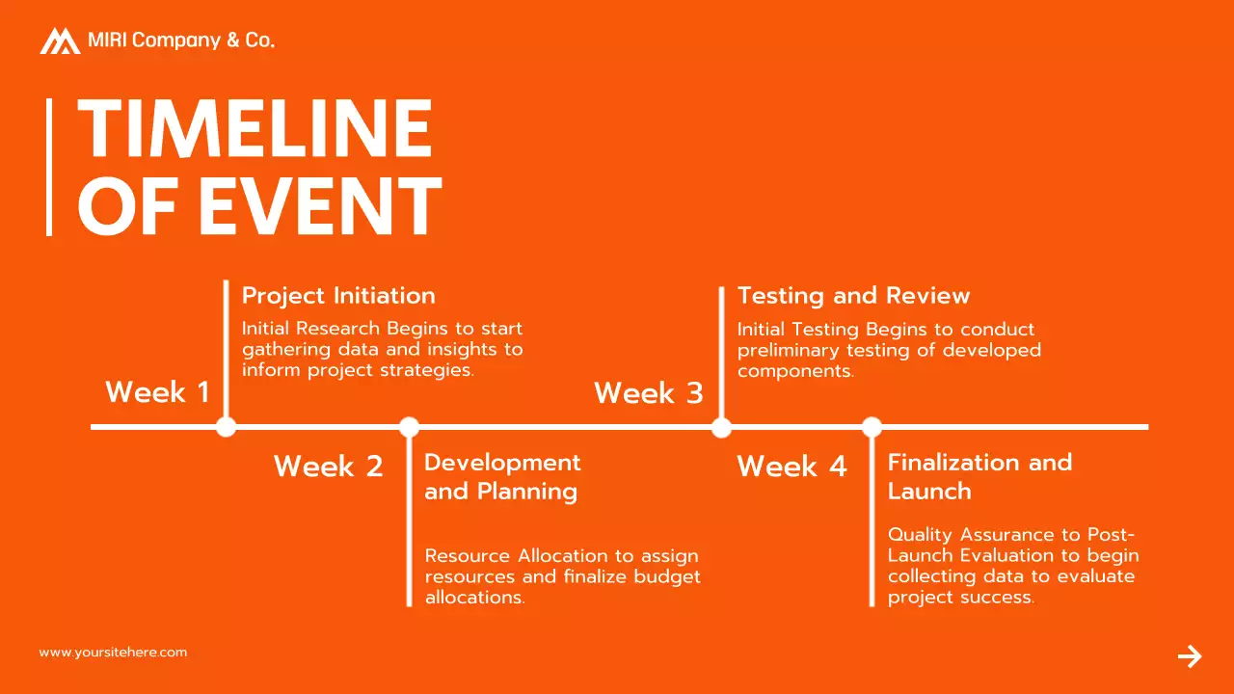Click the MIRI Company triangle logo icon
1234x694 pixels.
60,40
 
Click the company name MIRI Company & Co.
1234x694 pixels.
181,40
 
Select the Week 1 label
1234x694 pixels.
157,392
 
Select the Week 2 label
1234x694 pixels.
329,467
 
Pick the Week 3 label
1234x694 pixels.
649,393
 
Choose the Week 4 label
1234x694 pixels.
791,467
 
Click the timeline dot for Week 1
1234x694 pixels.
226,426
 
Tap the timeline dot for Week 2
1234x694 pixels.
409,426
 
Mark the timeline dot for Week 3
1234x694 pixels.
721,426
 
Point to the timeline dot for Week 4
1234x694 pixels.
872,426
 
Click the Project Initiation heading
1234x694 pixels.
338,296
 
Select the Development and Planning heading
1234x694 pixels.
502,476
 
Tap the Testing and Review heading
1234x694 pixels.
853,296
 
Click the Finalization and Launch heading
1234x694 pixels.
979,476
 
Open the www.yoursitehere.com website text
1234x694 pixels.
113,653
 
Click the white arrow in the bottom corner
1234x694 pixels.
1190,656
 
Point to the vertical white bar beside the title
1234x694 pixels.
49,167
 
